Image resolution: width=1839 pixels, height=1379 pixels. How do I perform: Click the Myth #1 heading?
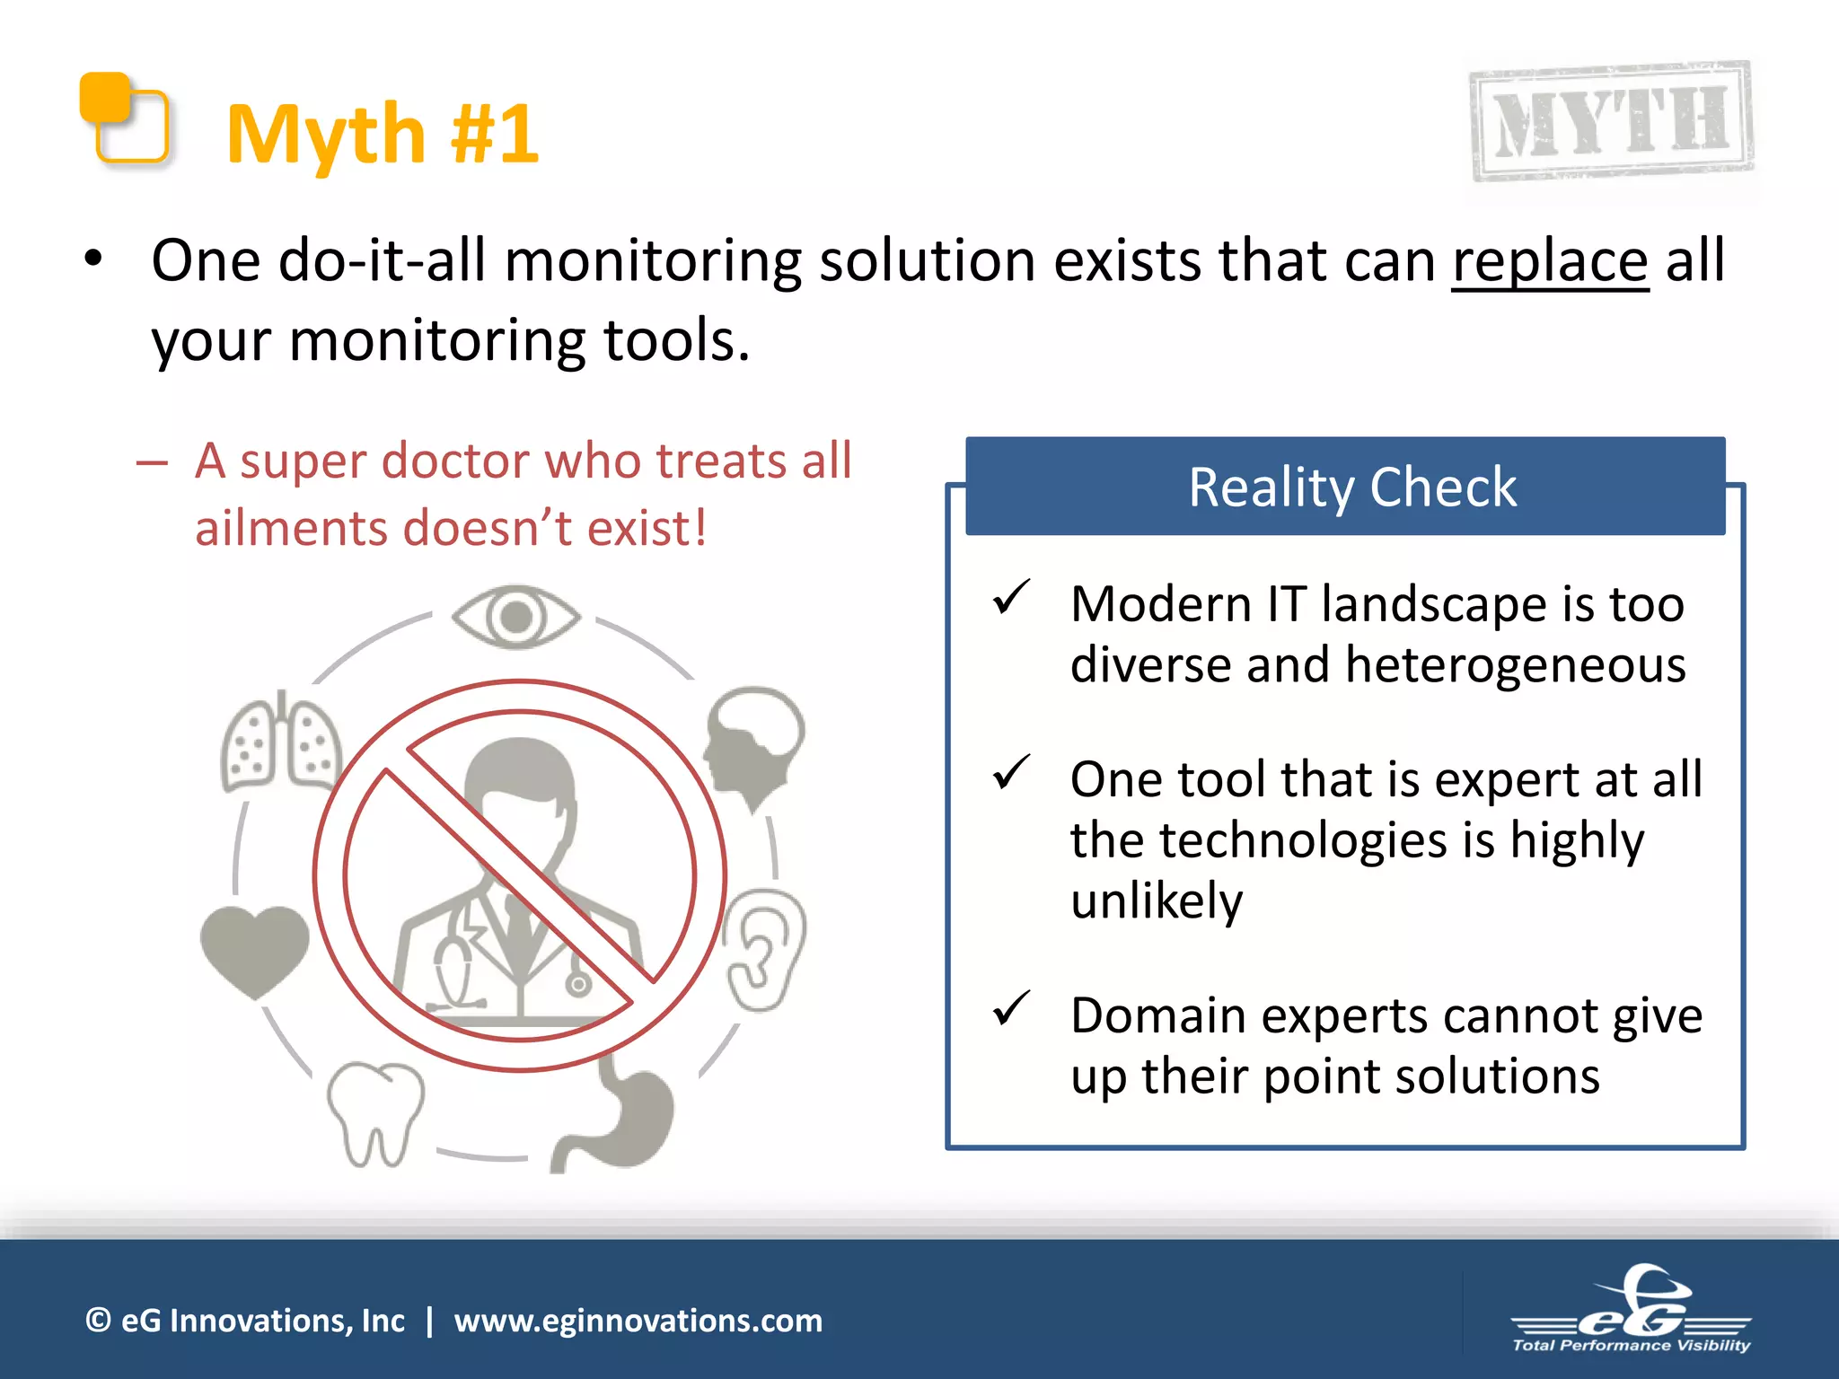382,135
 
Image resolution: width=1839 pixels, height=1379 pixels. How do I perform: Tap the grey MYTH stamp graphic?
1611,121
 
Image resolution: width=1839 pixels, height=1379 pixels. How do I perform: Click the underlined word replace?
1550,261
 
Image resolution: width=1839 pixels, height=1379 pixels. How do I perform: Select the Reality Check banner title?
1351,487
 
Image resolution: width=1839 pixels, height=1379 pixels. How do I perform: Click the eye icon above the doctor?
516,616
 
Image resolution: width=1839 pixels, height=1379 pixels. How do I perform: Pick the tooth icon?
374,1113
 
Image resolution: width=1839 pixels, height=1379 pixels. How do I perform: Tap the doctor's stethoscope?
453,965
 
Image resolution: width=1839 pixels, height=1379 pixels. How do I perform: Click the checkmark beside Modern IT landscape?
1011,598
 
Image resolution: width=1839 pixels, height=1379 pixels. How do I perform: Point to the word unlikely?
1157,900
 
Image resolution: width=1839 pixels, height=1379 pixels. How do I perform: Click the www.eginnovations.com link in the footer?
638,1321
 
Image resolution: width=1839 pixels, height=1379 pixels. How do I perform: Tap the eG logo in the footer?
1631,1311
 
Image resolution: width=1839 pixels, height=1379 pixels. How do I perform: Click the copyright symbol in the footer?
98,1321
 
